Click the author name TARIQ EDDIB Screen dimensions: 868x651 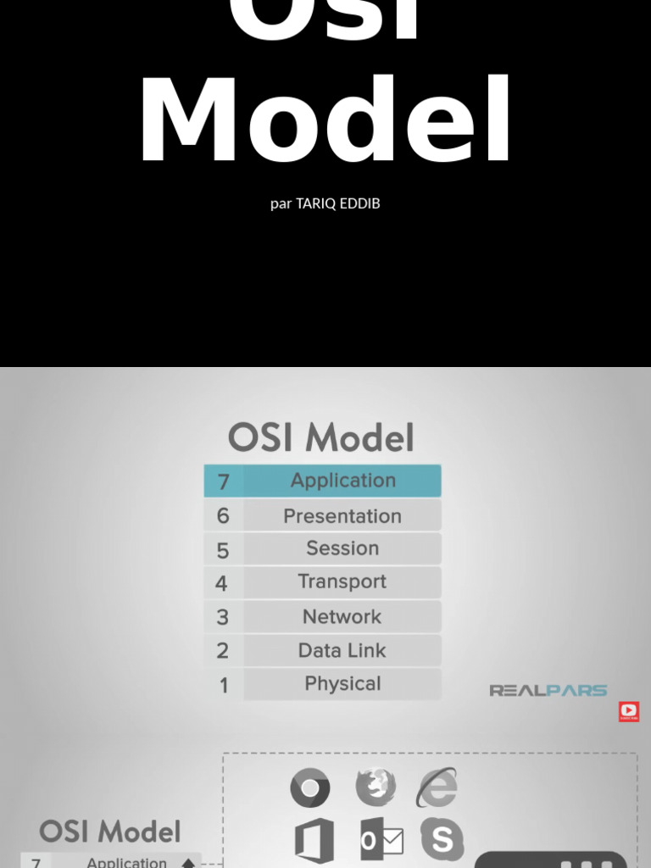tap(337, 203)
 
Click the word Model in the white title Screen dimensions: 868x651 tap(325, 121)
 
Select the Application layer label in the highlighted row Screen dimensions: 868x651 tap(342, 481)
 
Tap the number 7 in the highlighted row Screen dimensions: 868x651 tap(224, 481)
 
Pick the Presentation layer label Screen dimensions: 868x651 tap(342, 515)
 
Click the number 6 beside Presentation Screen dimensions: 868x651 tap(223, 515)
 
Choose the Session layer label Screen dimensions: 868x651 tap(342, 548)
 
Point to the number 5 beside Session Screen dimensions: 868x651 tap(223, 550)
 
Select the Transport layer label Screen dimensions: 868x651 tap(342, 581)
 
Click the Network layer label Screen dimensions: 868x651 tap(342, 616)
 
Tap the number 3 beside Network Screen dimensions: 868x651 tap(223, 617)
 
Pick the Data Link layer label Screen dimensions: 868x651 tap(342, 650)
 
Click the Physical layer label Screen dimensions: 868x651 tap(342, 683)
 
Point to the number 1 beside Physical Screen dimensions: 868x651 tap(224, 685)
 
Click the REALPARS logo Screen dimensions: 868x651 tap(548, 690)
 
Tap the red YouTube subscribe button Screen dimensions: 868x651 tap(629, 711)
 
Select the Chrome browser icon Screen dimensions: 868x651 tap(310, 788)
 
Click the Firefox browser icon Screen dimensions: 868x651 tap(376, 787)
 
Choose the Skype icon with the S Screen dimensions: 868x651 tap(442, 839)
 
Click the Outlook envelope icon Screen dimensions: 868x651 tap(381, 841)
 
